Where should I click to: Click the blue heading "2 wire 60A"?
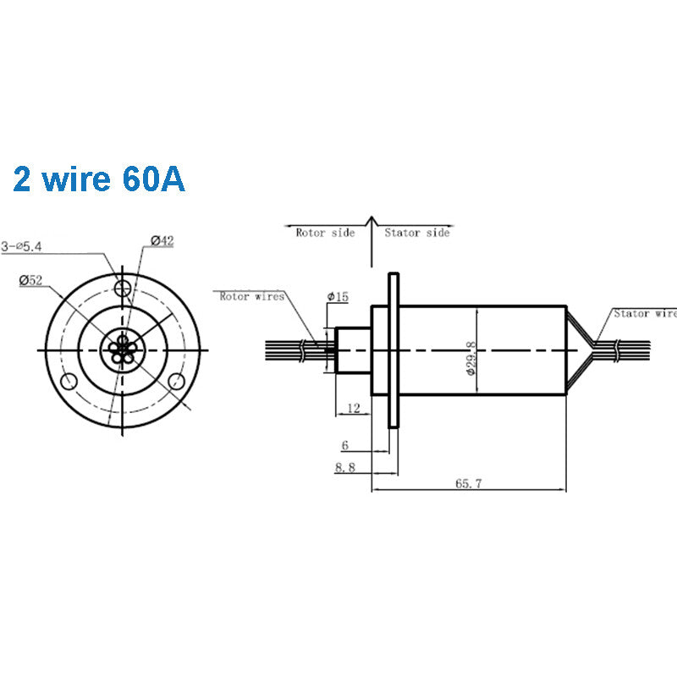(99, 179)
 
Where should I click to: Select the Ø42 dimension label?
(162, 241)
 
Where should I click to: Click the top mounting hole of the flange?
(124, 285)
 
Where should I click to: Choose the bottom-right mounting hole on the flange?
(178, 380)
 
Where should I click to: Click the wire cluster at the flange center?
(124, 348)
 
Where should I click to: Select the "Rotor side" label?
(325, 232)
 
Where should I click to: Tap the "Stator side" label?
(417, 232)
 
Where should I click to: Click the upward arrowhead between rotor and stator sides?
(371, 223)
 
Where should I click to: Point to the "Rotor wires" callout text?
(251, 296)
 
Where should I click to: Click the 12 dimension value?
(354, 409)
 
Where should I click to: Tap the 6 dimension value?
(345, 445)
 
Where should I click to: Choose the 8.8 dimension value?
(345, 466)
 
